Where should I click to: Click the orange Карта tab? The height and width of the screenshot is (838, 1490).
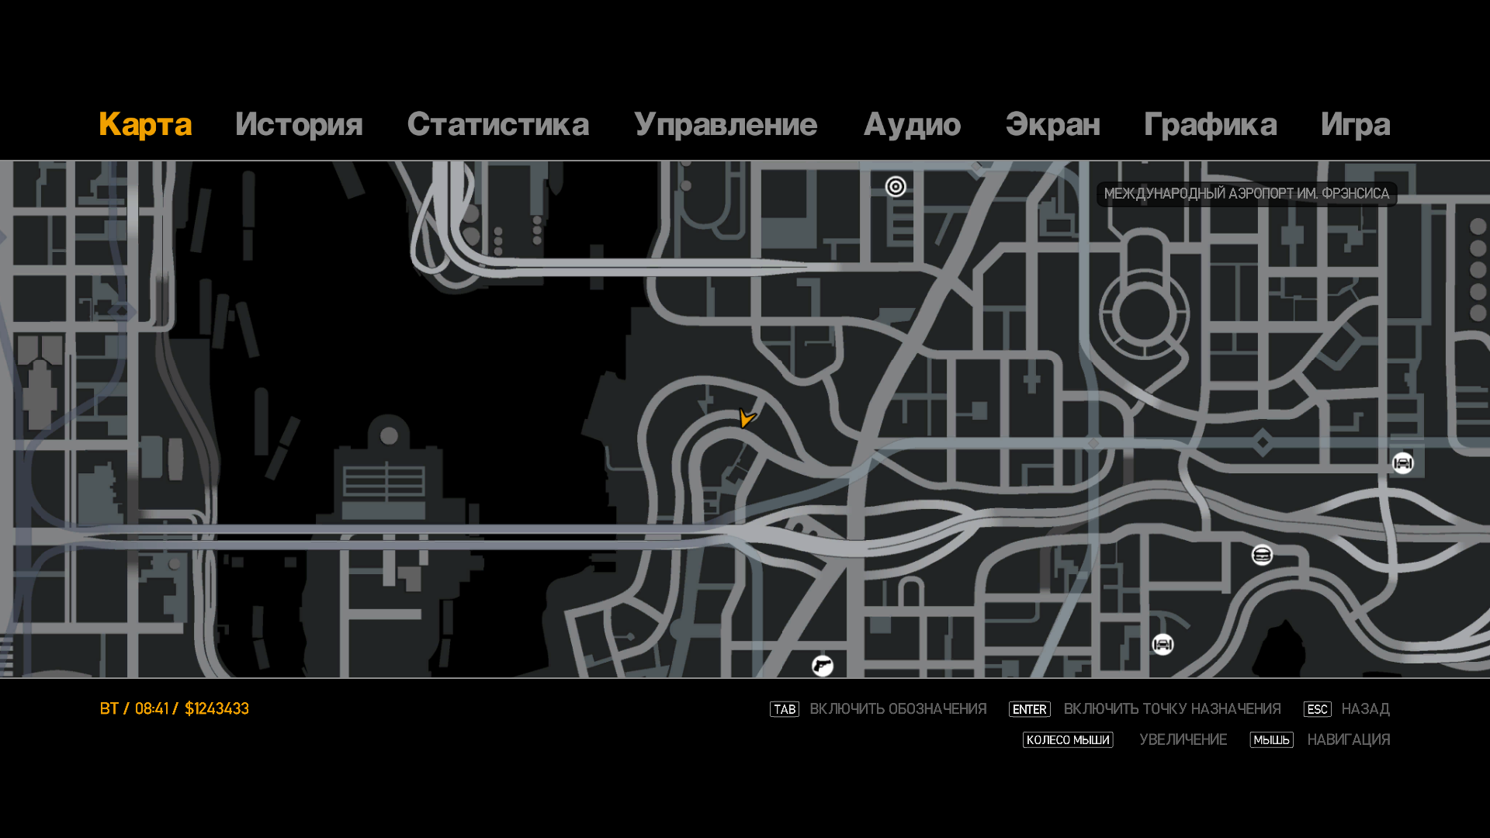coord(145,125)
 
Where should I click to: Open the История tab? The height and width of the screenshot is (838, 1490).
coord(299,125)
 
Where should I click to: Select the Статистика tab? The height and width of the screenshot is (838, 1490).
coord(497,125)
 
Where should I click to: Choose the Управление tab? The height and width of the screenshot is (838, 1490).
coord(726,125)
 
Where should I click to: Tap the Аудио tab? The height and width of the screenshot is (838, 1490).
coord(912,125)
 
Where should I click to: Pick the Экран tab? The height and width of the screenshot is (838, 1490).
coord(1052,125)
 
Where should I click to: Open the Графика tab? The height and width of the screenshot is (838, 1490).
coord(1210,125)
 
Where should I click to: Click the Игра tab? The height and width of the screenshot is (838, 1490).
coord(1355,125)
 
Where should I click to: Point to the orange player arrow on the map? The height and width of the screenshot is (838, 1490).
coord(747,418)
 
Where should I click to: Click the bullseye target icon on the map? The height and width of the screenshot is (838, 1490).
coord(896,186)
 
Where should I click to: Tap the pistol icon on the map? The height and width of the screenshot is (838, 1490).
coord(823,666)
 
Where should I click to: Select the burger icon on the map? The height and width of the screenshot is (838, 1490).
coord(1262,555)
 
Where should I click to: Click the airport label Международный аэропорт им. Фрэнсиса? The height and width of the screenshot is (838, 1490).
coord(1246,194)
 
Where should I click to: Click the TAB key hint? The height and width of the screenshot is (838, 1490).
coord(785,709)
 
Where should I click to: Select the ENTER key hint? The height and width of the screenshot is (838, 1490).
coord(1029,709)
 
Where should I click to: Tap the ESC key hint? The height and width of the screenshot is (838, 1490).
coord(1317,709)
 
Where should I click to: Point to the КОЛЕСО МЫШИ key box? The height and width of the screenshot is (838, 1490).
coord(1068,740)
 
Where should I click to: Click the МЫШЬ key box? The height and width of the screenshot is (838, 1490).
coord(1271,740)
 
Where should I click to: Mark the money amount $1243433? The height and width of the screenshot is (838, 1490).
coord(217,708)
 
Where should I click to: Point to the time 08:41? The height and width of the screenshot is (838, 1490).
coord(151,708)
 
